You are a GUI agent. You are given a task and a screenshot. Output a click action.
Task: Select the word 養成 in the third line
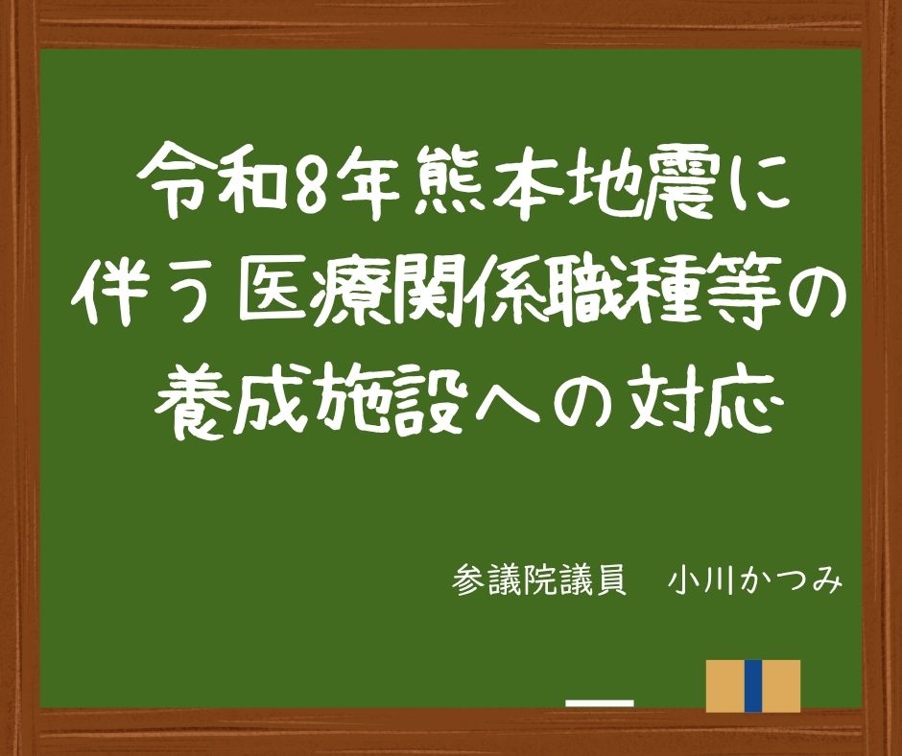(233, 402)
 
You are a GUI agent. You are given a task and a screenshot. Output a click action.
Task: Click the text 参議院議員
(539, 581)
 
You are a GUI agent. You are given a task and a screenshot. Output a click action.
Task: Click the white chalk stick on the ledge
(600, 703)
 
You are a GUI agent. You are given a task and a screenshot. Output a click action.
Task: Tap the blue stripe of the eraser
(753, 686)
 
